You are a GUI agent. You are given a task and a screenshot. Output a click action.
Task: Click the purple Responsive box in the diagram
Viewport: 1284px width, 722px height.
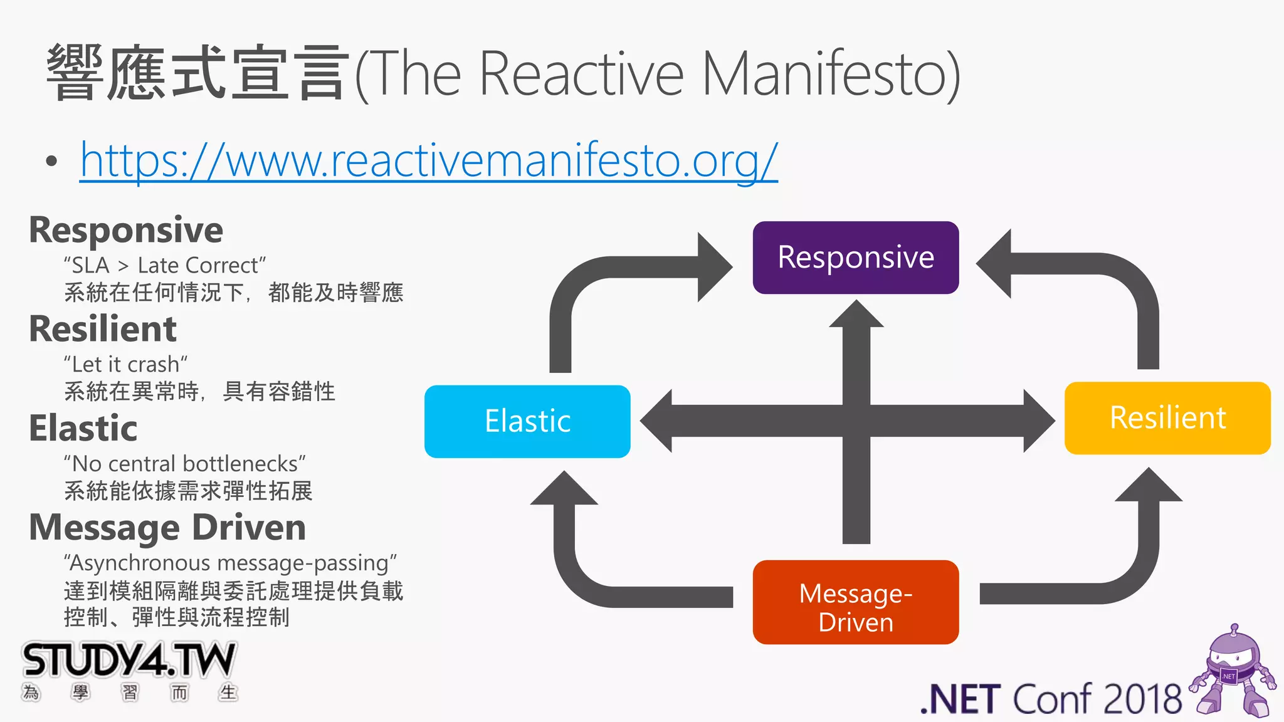[855, 258]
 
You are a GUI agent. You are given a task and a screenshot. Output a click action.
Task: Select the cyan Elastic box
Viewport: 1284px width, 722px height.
[527, 421]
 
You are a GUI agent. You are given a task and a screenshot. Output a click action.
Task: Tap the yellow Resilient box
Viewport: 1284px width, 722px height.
[1167, 418]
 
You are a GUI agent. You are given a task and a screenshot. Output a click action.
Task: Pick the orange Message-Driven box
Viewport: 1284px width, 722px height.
[855, 602]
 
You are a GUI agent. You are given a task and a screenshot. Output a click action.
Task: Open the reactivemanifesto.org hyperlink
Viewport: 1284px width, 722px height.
[429, 161]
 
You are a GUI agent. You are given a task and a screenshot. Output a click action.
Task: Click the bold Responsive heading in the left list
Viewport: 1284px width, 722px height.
[126, 230]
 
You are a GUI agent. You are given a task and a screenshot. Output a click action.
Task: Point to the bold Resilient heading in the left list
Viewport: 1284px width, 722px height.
[103, 329]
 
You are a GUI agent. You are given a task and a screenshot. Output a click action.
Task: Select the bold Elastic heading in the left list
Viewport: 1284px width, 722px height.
[83, 428]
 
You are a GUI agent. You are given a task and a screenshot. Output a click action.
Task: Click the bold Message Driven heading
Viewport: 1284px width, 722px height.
[167, 527]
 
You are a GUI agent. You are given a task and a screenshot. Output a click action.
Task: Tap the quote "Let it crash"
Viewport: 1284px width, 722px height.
[125, 364]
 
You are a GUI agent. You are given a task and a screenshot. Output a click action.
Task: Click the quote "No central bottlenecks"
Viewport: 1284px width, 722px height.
[184, 464]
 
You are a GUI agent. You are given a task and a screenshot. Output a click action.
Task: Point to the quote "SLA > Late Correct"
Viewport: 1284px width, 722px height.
[165, 265]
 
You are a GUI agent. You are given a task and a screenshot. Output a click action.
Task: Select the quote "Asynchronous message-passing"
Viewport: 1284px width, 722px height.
[230, 563]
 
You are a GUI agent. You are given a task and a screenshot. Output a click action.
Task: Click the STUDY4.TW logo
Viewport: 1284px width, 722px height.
[129, 661]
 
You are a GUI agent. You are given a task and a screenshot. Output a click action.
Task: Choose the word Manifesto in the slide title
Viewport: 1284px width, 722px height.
[831, 74]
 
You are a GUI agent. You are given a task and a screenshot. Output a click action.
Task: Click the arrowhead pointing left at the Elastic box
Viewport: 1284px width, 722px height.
[657, 421]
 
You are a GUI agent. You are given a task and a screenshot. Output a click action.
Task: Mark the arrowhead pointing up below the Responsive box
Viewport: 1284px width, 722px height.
[856, 314]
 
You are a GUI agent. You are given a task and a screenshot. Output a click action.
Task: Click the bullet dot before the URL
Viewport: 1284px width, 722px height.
[52, 162]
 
